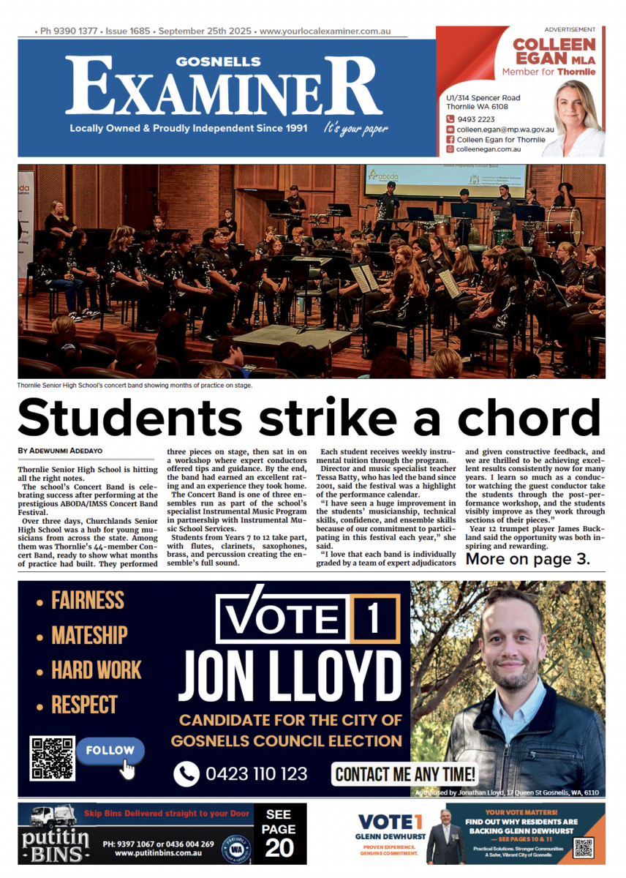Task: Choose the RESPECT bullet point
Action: [x=83, y=705]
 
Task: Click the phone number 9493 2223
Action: [x=475, y=119]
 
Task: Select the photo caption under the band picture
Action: [x=135, y=385]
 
